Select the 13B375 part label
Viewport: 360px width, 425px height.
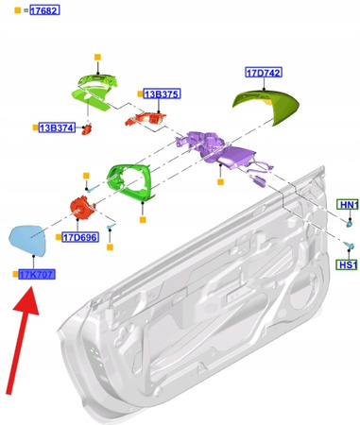point(162,94)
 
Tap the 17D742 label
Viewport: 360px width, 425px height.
point(264,73)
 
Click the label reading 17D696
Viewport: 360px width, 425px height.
point(79,237)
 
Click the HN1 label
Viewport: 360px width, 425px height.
point(349,205)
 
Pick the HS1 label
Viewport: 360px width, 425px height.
point(348,265)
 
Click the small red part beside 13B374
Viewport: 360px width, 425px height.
point(88,127)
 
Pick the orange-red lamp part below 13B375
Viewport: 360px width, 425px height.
point(151,117)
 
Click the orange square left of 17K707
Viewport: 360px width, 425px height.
point(15,274)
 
